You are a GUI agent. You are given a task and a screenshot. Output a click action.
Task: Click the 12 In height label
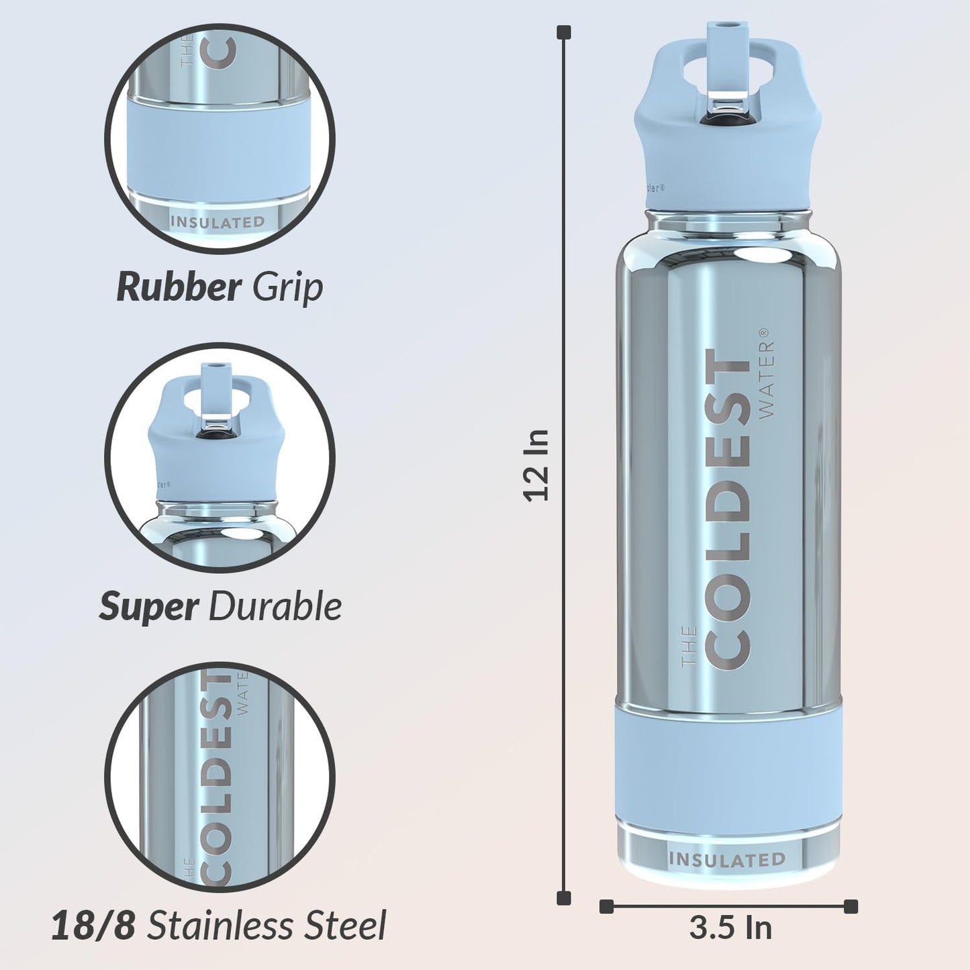coord(537,465)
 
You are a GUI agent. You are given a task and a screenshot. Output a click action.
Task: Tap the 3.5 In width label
coord(730,928)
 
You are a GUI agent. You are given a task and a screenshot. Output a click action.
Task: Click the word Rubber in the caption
coord(179,287)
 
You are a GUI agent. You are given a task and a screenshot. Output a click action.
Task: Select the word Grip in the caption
coord(288,287)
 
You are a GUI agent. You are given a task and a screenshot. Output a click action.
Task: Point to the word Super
coord(148,607)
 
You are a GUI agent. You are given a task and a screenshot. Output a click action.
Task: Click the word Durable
coord(275,607)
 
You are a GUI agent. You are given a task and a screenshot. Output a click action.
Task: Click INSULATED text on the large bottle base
coord(727,860)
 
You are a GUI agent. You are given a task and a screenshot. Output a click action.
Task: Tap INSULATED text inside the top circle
coord(217,222)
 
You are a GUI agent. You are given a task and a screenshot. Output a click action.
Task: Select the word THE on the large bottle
coord(689,646)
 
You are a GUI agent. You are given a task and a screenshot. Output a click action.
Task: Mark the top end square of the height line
coord(564,32)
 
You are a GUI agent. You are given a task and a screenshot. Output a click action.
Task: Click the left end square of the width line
coord(606,906)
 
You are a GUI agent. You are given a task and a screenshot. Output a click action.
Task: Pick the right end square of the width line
coord(851,906)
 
